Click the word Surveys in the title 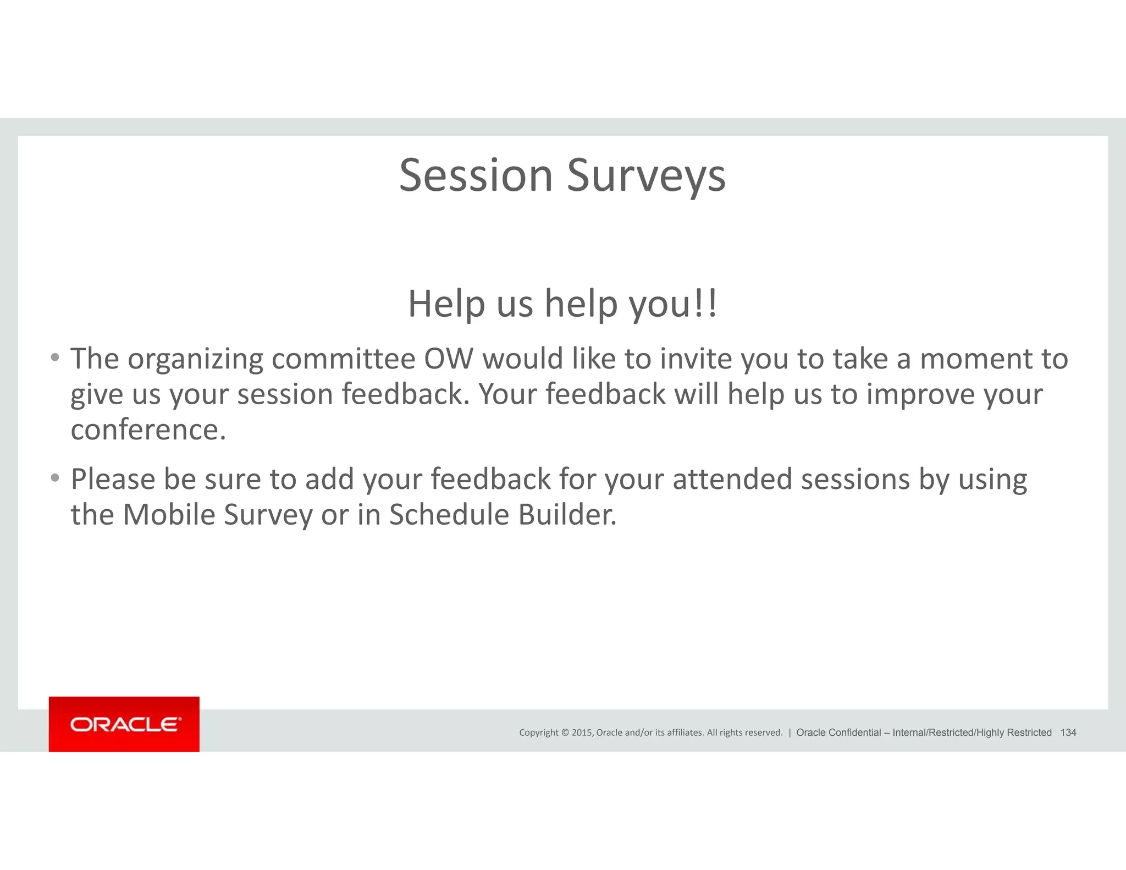tap(646, 176)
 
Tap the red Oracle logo tap(124, 724)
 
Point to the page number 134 tap(1068, 733)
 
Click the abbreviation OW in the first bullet tap(448, 359)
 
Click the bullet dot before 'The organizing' tap(54, 358)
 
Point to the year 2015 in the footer tap(582, 733)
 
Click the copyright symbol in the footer tap(564, 733)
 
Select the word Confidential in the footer tap(854, 733)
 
